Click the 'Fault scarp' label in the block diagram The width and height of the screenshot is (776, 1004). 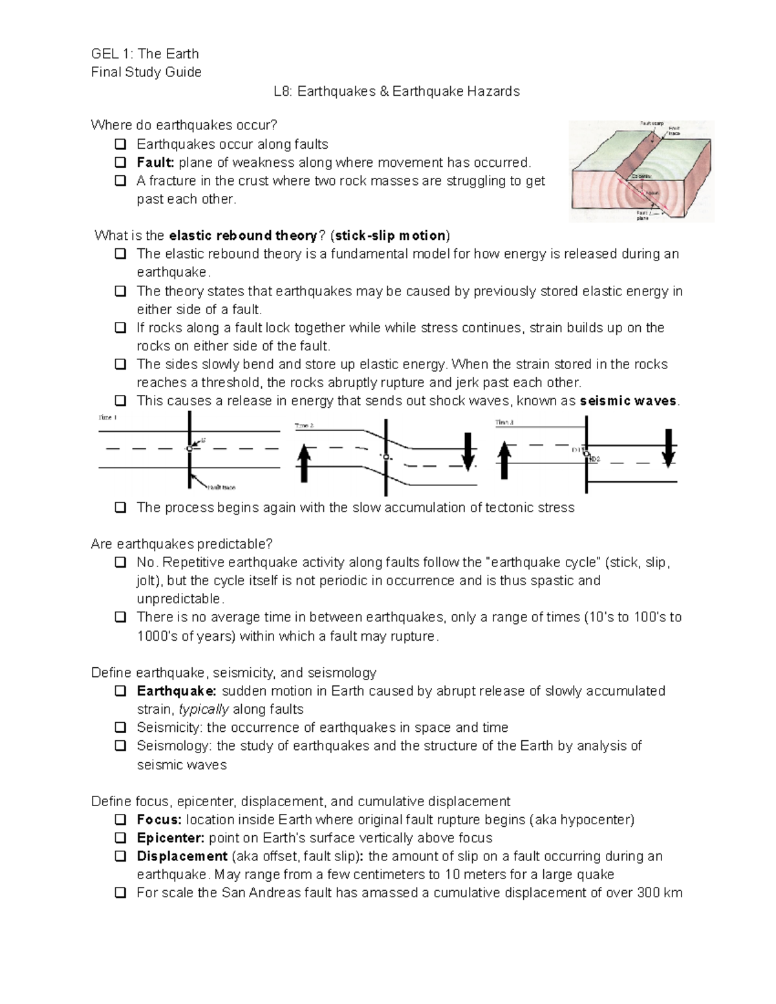(651, 123)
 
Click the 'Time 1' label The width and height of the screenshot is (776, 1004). (107, 418)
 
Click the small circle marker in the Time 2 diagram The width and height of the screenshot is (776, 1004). (385, 457)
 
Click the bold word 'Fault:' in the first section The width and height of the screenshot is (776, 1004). (155, 162)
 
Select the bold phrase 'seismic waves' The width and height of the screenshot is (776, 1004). (628, 401)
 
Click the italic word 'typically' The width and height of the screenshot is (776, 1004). (204, 709)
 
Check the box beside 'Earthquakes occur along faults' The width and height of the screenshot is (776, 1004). (120, 144)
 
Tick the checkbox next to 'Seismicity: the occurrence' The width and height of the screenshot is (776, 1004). (120, 727)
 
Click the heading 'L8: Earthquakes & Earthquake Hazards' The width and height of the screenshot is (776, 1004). (396, 91)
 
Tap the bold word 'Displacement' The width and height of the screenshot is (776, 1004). (182, 856)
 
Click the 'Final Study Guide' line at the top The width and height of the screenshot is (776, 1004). (146, 72)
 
